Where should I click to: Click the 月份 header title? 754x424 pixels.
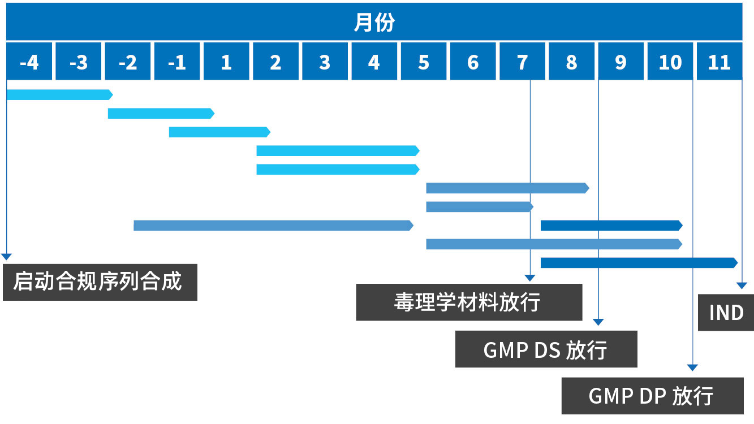[x=374, y=23]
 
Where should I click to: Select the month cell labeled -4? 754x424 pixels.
[x=29, y=62]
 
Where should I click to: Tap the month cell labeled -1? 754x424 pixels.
[x=177, y=62]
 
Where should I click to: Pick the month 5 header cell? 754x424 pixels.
[x=424, y=62]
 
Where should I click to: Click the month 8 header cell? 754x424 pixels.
[x=571, y=62]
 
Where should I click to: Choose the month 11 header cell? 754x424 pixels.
[x=719, y=62]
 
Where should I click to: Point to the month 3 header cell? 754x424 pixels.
[x=325, y=62]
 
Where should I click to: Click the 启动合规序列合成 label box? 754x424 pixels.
[x=100, y=282]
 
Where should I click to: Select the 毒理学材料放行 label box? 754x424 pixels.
[x=468, y=302]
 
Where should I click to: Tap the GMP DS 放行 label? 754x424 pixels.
[x=546, y=349]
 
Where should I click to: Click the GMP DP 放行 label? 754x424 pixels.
[x=652, y=396]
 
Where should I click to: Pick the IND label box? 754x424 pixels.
[x=726, y=312]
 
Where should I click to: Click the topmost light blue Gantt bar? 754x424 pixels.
[x=59, y=94]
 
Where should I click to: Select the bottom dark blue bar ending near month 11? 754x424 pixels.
[x=639, y=262]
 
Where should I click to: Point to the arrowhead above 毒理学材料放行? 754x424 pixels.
[x=529, y=278]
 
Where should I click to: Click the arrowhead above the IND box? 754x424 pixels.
[x=742, y=287]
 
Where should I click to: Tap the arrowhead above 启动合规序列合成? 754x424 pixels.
[x=6, y=257]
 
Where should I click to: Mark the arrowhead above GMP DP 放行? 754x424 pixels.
[x=692, y=367]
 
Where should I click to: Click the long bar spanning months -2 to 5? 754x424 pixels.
[x=273, y=225]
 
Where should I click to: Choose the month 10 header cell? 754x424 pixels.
[x=670, y=62]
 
